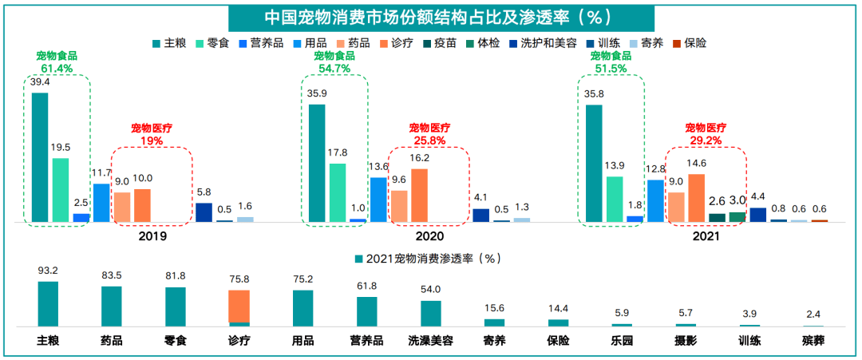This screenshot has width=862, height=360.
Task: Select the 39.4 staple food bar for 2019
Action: (40, 156)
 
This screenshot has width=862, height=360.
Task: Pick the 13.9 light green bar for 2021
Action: (615, 199)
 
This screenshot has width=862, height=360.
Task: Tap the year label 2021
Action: (706, 236)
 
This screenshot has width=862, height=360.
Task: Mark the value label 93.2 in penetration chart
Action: (48, 271)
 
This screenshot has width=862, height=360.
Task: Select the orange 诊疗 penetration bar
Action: (239, 306)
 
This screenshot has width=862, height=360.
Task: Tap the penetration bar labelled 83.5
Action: (112, 306)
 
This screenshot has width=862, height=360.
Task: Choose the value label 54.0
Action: (431, 290)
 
